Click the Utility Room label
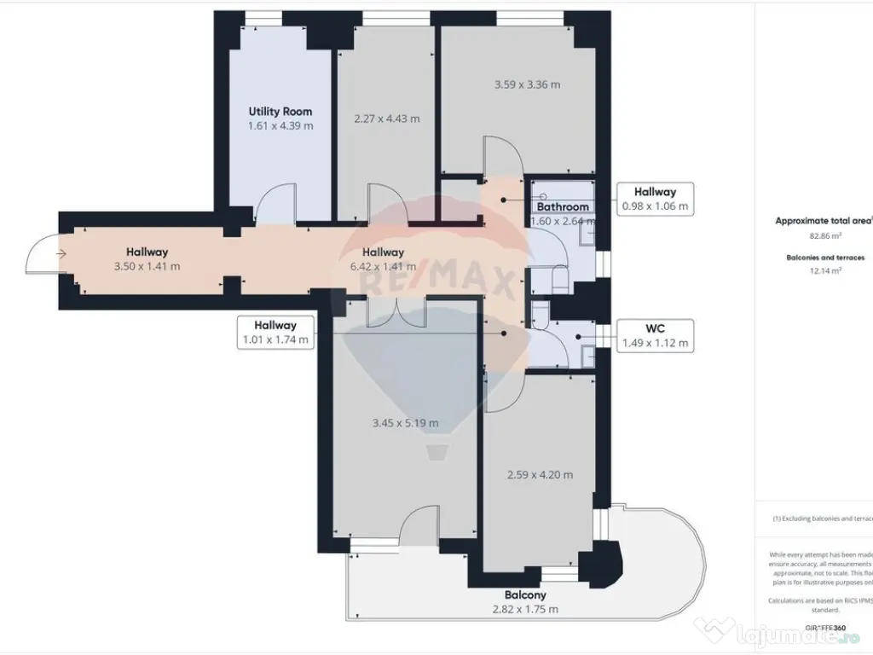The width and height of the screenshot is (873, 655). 280,111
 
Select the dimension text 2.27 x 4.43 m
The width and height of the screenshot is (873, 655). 386,119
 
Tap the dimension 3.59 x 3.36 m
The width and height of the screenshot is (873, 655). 527,84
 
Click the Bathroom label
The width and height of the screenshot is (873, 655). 562,206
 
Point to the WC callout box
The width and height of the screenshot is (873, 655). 654,335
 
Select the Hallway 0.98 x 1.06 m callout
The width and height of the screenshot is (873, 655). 654,199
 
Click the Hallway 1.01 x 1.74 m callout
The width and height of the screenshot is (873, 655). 275,332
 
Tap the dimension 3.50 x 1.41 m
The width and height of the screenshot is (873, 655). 147,266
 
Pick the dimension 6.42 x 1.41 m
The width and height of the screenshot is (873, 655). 383,266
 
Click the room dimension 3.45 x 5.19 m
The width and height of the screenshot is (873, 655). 406,423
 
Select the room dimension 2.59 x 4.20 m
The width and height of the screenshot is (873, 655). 539,475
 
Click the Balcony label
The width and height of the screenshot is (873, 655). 525,594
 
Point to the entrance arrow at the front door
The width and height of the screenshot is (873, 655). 61,253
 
